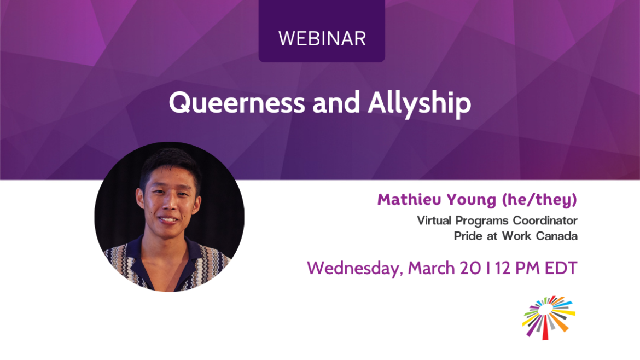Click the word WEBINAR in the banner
pos(322,38)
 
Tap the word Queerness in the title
pos(236,103)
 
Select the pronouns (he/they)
pos(539,200)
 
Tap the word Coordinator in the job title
pos(543,220)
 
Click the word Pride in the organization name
pos(466,236)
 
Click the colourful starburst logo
pos(548,317)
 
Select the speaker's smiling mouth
pos(167,219)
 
